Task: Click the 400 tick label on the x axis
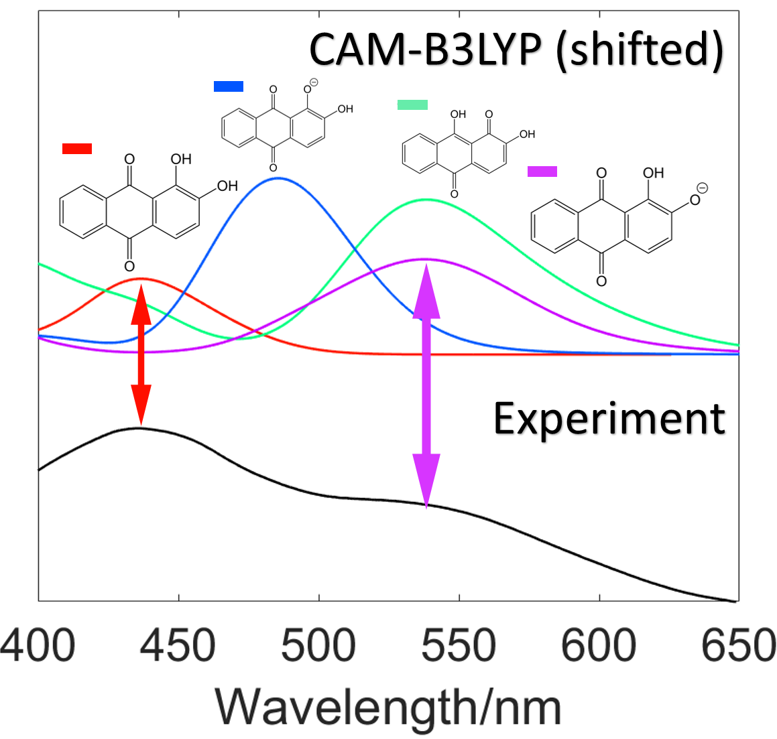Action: pyautogui.click(x=38, y=647)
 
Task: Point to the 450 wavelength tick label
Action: pyautogui.click(x=178, y=647)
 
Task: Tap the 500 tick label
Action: pyautogui.click(x=318, y=647)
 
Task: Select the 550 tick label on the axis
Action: pyautogui.click(x=459, y=647)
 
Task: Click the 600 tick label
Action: pyautogui.click(x=599, y=647)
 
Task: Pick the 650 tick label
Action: pyautogui.click(x=738, y=647)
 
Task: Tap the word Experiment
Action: pyautogui.click(x=609, y=419)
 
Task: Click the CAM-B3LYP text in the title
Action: pyautogui.click(x=425, y=50)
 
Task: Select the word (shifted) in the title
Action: pyautogui.click(x=640, y=50)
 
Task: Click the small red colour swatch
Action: pyautogui.click(x=76, y=149)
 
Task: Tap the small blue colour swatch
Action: pyautogui.click(x=228, y=86)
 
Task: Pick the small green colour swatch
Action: pyautogui.click(x=412, y=105)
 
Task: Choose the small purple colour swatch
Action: pyautogui.click(x=542, y=172)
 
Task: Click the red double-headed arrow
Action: pyautogui.click(x=140, y=354)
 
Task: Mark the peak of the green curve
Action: pyautogui.click(x=426, y=200)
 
